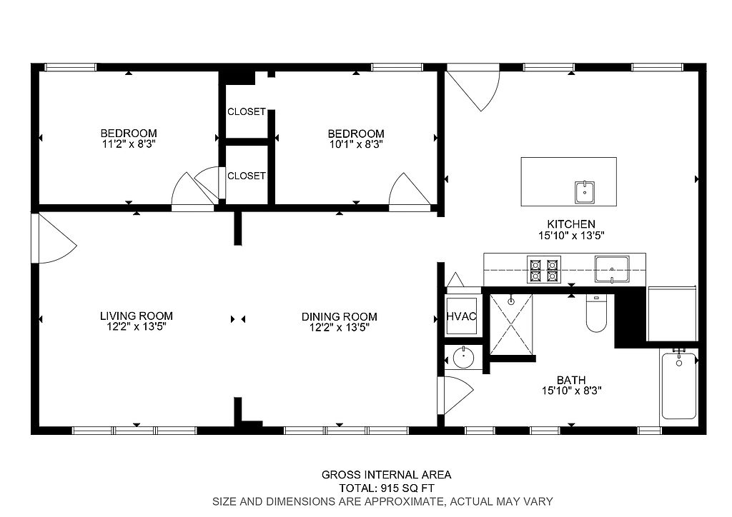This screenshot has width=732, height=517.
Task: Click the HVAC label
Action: click(461, 316)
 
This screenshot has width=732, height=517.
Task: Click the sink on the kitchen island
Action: click(585, 193)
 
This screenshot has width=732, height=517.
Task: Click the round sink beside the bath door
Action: click(463, 358)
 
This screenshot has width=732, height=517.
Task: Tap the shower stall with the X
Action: click(510, 324)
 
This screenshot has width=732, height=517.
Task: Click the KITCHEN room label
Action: click(571, 224)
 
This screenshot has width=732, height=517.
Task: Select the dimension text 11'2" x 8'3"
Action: click(129, 144)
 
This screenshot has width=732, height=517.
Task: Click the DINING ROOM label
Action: click(340, 317)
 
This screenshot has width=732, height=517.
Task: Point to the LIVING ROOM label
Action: click(137, 316)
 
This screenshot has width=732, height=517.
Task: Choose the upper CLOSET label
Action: click(247, 112)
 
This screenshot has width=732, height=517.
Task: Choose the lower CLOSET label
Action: click(247, 176)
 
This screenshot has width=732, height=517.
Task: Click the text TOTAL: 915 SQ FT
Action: click(387, 488)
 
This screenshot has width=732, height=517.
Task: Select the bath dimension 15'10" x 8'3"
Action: click(571, 391)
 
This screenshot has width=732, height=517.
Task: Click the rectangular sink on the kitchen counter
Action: click(612, 269)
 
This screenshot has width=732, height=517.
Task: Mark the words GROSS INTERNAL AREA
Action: click(387, 475)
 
